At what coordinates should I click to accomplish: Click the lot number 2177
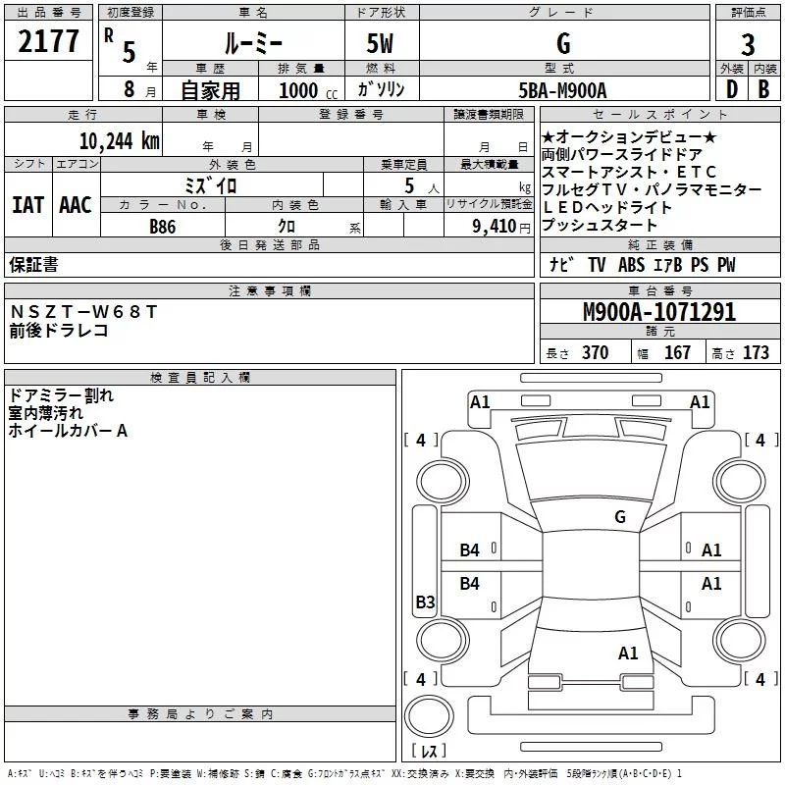click(48, 41)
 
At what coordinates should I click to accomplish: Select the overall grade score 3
click(748, 45)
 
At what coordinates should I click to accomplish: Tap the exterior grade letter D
click(732, 89)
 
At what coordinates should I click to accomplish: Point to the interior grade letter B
click(763, 89)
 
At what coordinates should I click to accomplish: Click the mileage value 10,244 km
click(120, 141)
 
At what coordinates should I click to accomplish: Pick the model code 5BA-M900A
click(562, 90)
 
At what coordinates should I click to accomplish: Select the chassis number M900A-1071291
click(659, 312)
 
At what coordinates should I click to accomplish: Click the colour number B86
click(163, 227)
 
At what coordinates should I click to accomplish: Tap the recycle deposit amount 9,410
click(495, 227)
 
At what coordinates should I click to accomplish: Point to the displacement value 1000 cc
click(308, 90)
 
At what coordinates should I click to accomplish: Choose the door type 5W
click(380, 43)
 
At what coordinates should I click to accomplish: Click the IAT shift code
click(28, 205)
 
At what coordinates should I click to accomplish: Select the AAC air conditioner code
click(76, 205)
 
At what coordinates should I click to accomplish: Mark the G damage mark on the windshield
click(620, 516)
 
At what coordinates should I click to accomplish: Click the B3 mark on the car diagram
click(425, 602)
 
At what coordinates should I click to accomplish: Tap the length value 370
click(596, 352)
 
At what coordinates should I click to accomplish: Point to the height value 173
click(756, 352)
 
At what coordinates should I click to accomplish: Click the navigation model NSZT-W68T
click(83, 312)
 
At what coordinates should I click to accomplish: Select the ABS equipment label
click(631, 265)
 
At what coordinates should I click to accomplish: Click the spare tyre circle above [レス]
click(429, 716)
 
